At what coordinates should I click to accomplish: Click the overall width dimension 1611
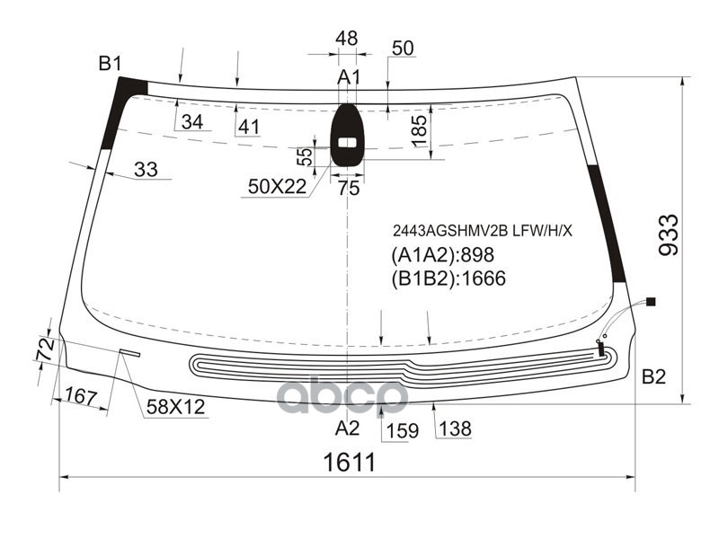coord(350,462)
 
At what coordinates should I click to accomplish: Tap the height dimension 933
coord(669,235)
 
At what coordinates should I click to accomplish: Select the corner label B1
coord(110,63)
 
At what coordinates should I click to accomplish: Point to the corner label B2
coord(653,376)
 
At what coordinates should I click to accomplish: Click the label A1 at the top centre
coord(349,77)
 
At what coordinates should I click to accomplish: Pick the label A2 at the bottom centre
coord(347,429)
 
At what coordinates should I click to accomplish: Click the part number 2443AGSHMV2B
coord(450,232)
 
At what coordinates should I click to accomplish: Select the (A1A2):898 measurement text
coord(442,255)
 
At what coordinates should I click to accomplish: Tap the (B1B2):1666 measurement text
coord(448,278)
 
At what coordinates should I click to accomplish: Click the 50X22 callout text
coord(277,187)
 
